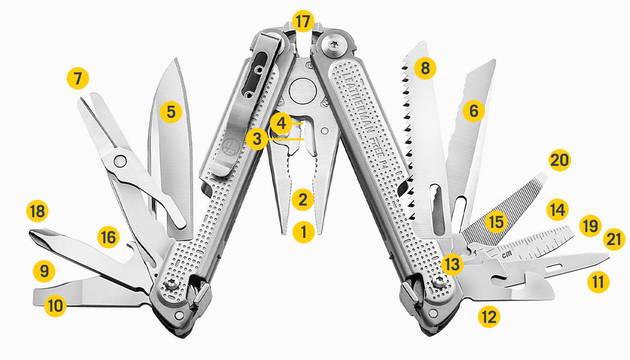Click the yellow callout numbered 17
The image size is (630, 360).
pos(303,22)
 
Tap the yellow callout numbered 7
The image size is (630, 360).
pos(78,79)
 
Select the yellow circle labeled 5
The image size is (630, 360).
pos(171,111)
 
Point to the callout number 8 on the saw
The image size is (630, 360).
pos(425,68)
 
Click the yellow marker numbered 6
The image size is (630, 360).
pos(473,110)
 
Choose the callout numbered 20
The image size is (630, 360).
pos(559,160)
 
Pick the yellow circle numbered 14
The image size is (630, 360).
pos(557,210)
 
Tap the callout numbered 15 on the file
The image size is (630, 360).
pos(496,222)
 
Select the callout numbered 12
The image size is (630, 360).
pos(489,316)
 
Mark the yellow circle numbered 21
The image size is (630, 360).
pos(613,240)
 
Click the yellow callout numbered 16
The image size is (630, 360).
pos(108,238)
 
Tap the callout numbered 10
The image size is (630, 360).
pos(55,306)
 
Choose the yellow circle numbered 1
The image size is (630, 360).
pos(303,232)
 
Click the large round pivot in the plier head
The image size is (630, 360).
pos(302,93)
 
